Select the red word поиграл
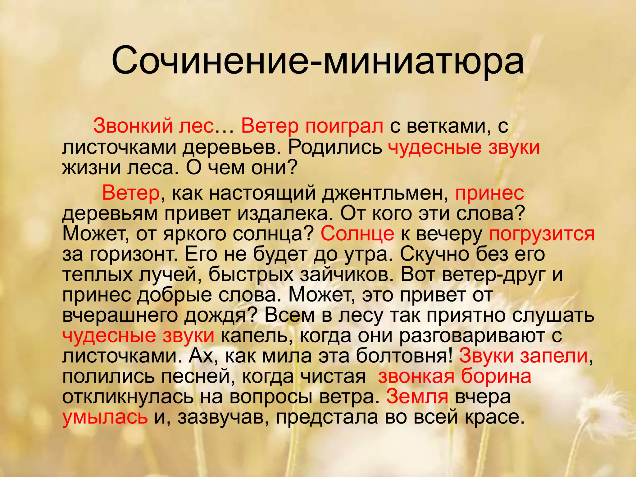(344, 127)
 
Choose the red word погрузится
(542, 234)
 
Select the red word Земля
(417, 397)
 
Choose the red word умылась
(105, 417)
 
